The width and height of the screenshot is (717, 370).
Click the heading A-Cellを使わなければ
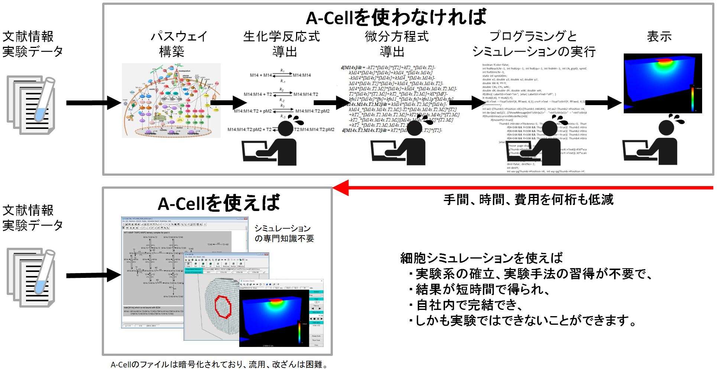396,17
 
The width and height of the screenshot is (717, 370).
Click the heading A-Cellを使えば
218,203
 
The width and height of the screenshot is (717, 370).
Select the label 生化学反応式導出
282,44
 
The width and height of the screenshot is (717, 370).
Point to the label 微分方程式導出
396,44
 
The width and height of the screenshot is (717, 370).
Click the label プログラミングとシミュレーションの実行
533,44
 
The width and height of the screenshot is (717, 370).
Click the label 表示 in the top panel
659,36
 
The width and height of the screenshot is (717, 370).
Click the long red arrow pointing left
520,188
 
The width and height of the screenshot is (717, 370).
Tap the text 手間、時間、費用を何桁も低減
528,200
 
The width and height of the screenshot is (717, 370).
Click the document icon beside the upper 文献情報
31,105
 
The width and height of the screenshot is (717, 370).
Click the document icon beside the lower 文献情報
31,277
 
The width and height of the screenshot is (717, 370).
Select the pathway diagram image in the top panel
171,100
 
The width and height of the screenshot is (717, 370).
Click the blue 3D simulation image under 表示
662,83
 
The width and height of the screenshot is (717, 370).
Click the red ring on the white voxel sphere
223,307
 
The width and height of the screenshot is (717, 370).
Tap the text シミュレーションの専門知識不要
284,233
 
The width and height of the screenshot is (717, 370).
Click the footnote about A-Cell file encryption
219,364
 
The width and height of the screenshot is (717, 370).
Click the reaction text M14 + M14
261,75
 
